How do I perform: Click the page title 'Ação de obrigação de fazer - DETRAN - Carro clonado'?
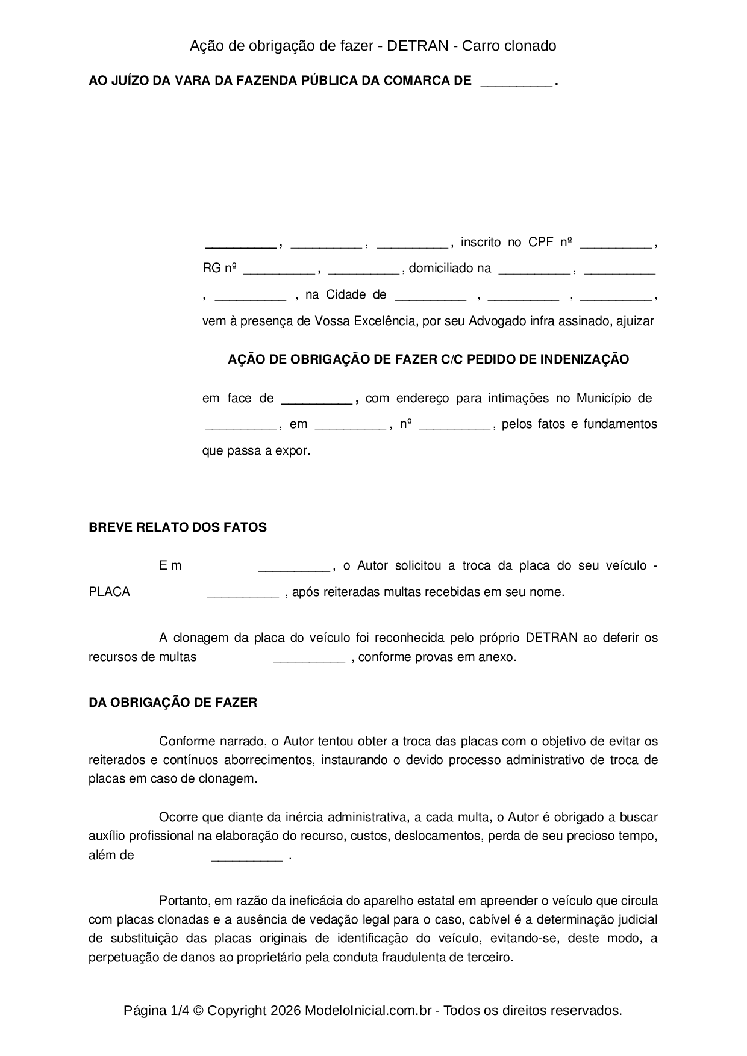(x=373, y=46)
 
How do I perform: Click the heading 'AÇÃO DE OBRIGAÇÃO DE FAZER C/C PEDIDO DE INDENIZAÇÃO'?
(x=428, y=359)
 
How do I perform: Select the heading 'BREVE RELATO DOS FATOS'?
(x=178, y=527)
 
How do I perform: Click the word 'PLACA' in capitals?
(x=110, y=592)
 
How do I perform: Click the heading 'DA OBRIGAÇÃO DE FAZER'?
(x=173, y=703)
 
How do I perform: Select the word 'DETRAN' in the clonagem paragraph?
(x=551, y=638)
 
